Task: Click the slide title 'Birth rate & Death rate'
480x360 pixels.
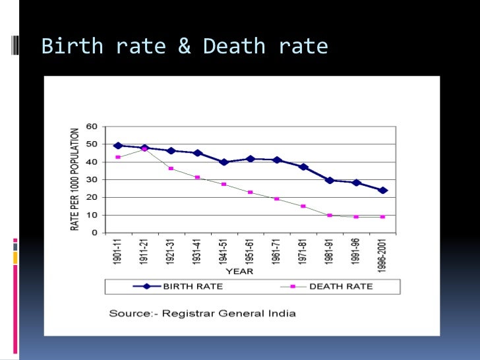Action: [x=185, y=46]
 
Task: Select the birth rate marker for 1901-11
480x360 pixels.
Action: [x=118, y=146]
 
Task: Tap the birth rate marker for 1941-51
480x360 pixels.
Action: [x=224, y=162]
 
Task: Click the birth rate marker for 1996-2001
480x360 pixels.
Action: [x=382, y=190]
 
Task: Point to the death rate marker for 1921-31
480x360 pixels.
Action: [x=171, y=169]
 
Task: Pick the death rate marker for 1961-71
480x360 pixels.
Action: [x=277, y=198]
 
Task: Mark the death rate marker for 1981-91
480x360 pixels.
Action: [x=330, y=215]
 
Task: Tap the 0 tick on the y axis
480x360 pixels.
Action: [x=96, y=233]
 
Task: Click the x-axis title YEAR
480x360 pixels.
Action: [x=240, y=271]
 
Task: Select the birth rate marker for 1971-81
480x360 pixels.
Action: [x=303, y=167]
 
